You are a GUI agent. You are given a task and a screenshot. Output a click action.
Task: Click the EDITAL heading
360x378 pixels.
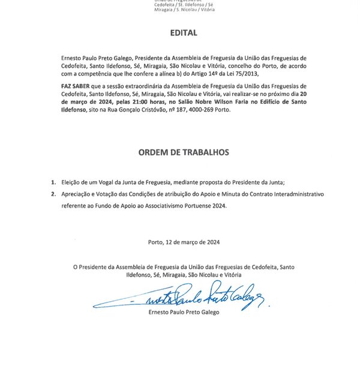[x=180, y=34]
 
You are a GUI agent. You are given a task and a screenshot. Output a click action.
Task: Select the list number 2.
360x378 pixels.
[x=53, y=194]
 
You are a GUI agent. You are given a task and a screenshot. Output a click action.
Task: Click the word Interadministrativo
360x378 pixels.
[x=280, y=194]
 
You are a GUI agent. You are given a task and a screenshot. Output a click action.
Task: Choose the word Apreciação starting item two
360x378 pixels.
[x=77, y=194]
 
